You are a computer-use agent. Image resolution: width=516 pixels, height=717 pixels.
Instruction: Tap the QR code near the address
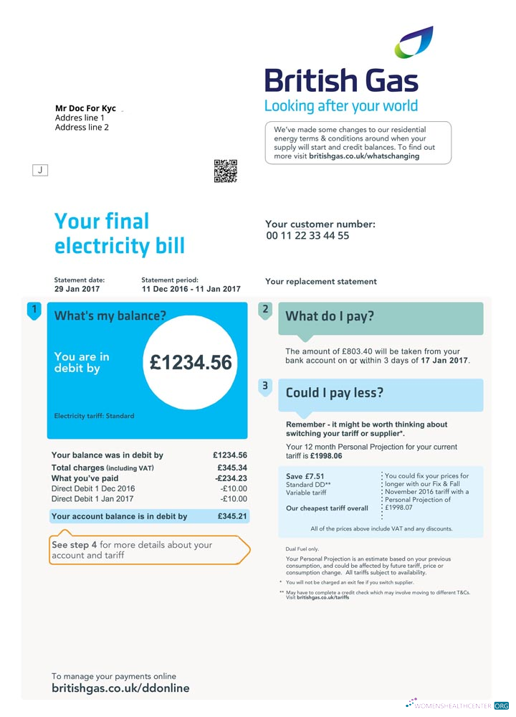[x=225, y=171]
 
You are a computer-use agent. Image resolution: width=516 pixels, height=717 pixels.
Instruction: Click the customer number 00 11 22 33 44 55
[x=307, y=236]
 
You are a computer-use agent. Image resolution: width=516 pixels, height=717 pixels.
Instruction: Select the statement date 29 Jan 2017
[x=77, y=289]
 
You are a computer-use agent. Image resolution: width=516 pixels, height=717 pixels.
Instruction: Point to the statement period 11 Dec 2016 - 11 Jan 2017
[x=191, y=289]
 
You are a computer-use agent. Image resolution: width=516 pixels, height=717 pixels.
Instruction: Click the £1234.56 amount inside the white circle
[x=191, y=363]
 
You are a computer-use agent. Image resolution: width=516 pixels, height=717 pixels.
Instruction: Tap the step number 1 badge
[x=33, y=310]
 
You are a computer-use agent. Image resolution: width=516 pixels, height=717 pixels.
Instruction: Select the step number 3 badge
[x=265, y=386]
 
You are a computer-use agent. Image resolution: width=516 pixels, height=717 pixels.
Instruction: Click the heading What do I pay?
[x=330, y=316]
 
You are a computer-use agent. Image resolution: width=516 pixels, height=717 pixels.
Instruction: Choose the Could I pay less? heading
[x=335, y=393]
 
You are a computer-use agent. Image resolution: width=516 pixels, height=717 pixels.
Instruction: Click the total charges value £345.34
[x=231, y=468]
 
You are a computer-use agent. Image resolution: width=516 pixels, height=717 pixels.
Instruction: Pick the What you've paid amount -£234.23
[x=231, y=478]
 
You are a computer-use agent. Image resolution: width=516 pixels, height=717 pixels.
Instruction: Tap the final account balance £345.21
[x=231, y=516]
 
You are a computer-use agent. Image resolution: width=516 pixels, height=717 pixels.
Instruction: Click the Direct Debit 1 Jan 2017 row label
[x=92, y=499]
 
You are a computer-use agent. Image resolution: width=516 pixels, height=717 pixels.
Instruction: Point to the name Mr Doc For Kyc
[x=85, y=108]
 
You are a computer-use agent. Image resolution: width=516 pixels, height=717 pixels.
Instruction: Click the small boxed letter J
[x=41, y=170]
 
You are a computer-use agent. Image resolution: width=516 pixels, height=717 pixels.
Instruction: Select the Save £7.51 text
[x=305, y=476]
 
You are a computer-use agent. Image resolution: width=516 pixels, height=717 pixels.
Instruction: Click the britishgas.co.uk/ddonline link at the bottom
[x=120, y=688]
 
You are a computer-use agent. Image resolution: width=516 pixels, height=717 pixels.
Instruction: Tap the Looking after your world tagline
[x=341, y=106]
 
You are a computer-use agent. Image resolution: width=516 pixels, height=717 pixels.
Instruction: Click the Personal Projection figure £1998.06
[x=326, y=456]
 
